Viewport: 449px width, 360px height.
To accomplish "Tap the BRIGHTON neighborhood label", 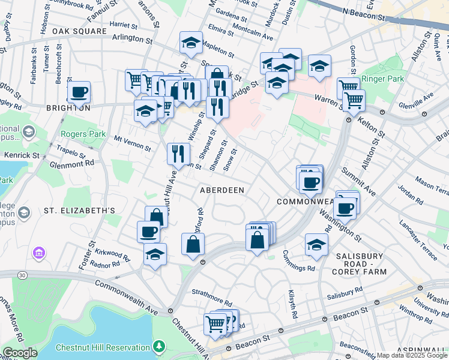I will click(67, 108).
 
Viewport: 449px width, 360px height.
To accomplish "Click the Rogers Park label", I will click(83, 134).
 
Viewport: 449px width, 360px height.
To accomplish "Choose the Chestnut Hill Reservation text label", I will click(102, 347).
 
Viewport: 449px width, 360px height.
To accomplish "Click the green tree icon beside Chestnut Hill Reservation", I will click(158, 346).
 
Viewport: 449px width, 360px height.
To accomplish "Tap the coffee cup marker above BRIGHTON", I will click(79, 93).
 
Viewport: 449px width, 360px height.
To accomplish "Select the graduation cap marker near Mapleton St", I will click(191, 43).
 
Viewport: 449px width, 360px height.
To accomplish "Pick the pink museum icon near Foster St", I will click(40, 252).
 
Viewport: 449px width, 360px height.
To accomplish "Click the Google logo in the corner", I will click(20, 353).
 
